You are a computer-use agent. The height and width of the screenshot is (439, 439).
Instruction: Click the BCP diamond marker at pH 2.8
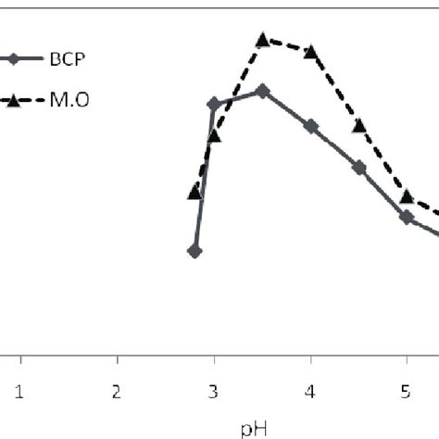[194, 251]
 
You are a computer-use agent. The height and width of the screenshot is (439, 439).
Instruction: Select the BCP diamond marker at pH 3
[214, 104]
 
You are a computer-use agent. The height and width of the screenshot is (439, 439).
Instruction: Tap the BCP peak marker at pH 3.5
[263, 91]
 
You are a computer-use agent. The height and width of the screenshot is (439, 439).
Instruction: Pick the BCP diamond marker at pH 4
[311, 126]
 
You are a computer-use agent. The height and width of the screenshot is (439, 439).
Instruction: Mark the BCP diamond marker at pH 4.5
[359, 167]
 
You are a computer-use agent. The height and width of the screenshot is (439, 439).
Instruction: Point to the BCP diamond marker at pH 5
[407, 216]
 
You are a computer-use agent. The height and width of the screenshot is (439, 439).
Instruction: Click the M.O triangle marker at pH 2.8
[194, 192]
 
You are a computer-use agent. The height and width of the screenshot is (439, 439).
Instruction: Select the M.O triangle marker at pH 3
[214, 136]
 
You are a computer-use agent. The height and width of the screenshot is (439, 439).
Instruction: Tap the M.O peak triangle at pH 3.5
[263, 40]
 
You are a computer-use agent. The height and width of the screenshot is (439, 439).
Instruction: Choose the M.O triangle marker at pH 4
[311, 51]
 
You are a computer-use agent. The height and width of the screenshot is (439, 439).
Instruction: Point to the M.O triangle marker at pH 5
[407, 196]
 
